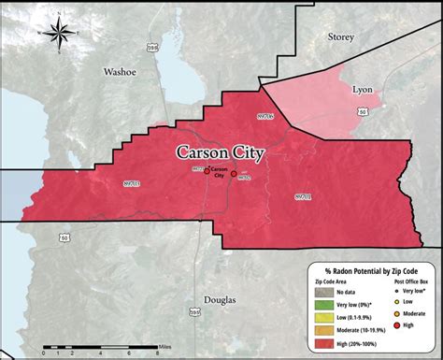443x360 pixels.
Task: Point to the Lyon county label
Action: pos(361,90)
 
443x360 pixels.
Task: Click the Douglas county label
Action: pos(220,300)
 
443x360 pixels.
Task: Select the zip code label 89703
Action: pos(131,183)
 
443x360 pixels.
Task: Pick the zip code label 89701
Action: pos(304,196)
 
